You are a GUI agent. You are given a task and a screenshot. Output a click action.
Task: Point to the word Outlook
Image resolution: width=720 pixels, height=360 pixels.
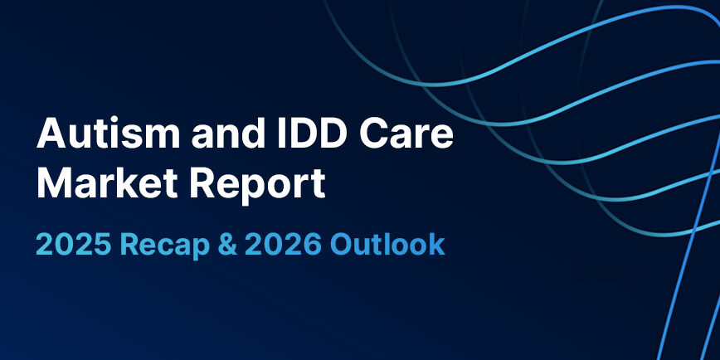click(x=388, y=246)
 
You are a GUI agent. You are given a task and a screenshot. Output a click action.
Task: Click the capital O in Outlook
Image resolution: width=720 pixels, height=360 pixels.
click(x=343, y=246)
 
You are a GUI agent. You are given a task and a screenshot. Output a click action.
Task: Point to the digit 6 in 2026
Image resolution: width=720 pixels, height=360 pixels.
click(x=312, y=246)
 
